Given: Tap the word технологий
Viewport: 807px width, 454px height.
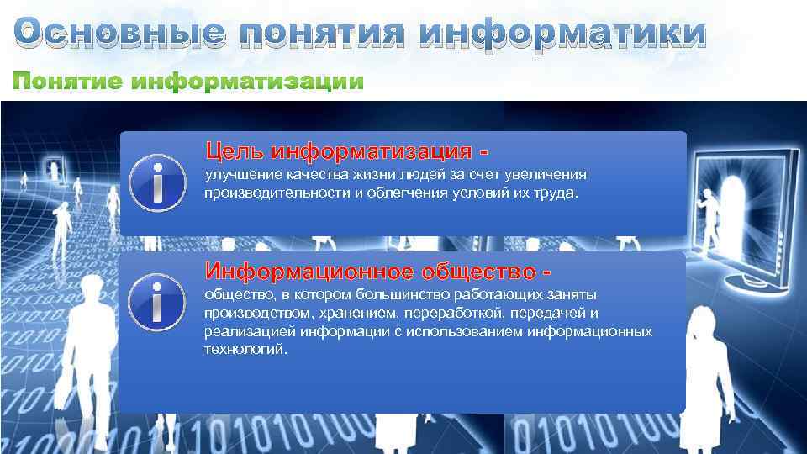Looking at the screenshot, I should coord(245,349).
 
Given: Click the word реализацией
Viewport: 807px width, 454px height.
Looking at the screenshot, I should coord(243,331).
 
